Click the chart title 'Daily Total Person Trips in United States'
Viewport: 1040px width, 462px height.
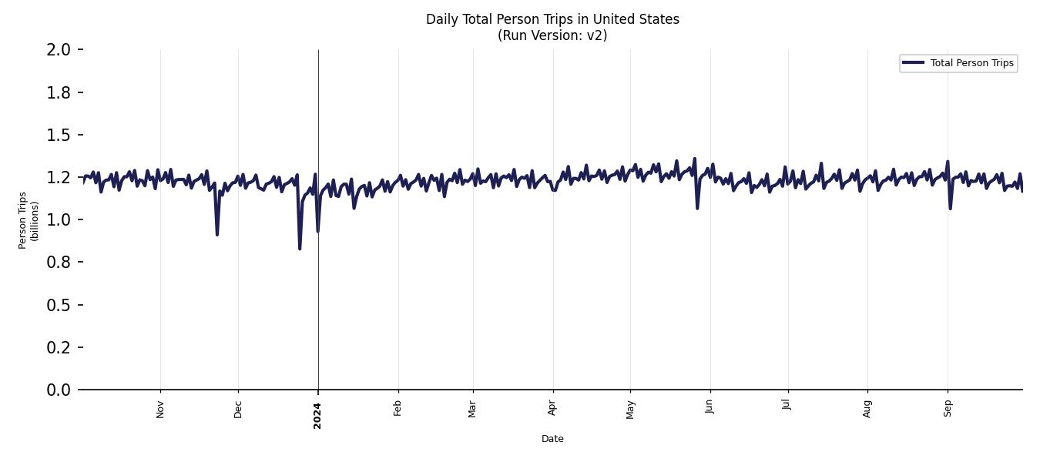[x=552, y=19]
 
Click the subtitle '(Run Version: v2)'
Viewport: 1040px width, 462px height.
[x=552, y=35]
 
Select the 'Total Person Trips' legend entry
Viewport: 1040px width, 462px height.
[x=971, y=63]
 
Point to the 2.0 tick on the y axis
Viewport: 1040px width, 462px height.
[x=59, y=50]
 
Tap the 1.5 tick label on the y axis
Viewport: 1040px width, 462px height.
[x=59, y=135]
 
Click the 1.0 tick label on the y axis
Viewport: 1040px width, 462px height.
[x=59, y=220]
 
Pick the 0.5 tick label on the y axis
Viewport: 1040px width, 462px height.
[x=59, y=305]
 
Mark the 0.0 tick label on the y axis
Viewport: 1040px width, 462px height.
[x=59, y=390]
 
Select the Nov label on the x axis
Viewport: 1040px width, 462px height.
[x=160, y=409]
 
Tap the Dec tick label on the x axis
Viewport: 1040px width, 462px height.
[x=238, y=409]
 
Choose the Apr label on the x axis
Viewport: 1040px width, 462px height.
[x=552, y=408]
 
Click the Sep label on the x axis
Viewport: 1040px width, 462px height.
[x=948, y=408]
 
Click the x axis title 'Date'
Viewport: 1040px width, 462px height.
[x=552, y=439]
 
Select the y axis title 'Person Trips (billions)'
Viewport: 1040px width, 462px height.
[x=29, y=220]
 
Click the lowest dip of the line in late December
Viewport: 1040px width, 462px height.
[x=300, y=249]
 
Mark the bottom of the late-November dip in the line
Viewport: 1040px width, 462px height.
[x=217, y=235]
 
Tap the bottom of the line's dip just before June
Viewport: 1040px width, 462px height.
[x=697, y=208]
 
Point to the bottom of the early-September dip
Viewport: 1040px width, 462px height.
[x=950, y=208]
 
